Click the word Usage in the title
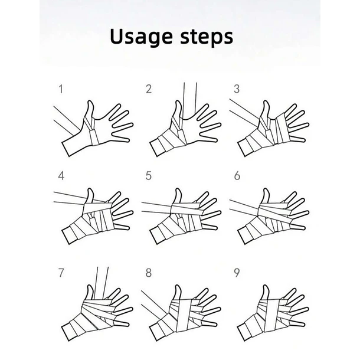point(141,37)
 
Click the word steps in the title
point(207,37)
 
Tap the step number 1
point(61,89)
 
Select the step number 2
point(149,89)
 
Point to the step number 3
point(237,89)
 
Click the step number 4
point(61,176)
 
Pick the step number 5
point(149,176)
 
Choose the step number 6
point(237,176)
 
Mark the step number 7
point(61,273)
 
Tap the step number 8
point(149,273)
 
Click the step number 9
point(237,273)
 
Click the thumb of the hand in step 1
point(90,110)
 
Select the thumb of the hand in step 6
point(266,197)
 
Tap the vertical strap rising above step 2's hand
point(189,101)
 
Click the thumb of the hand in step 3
point(266,110)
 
